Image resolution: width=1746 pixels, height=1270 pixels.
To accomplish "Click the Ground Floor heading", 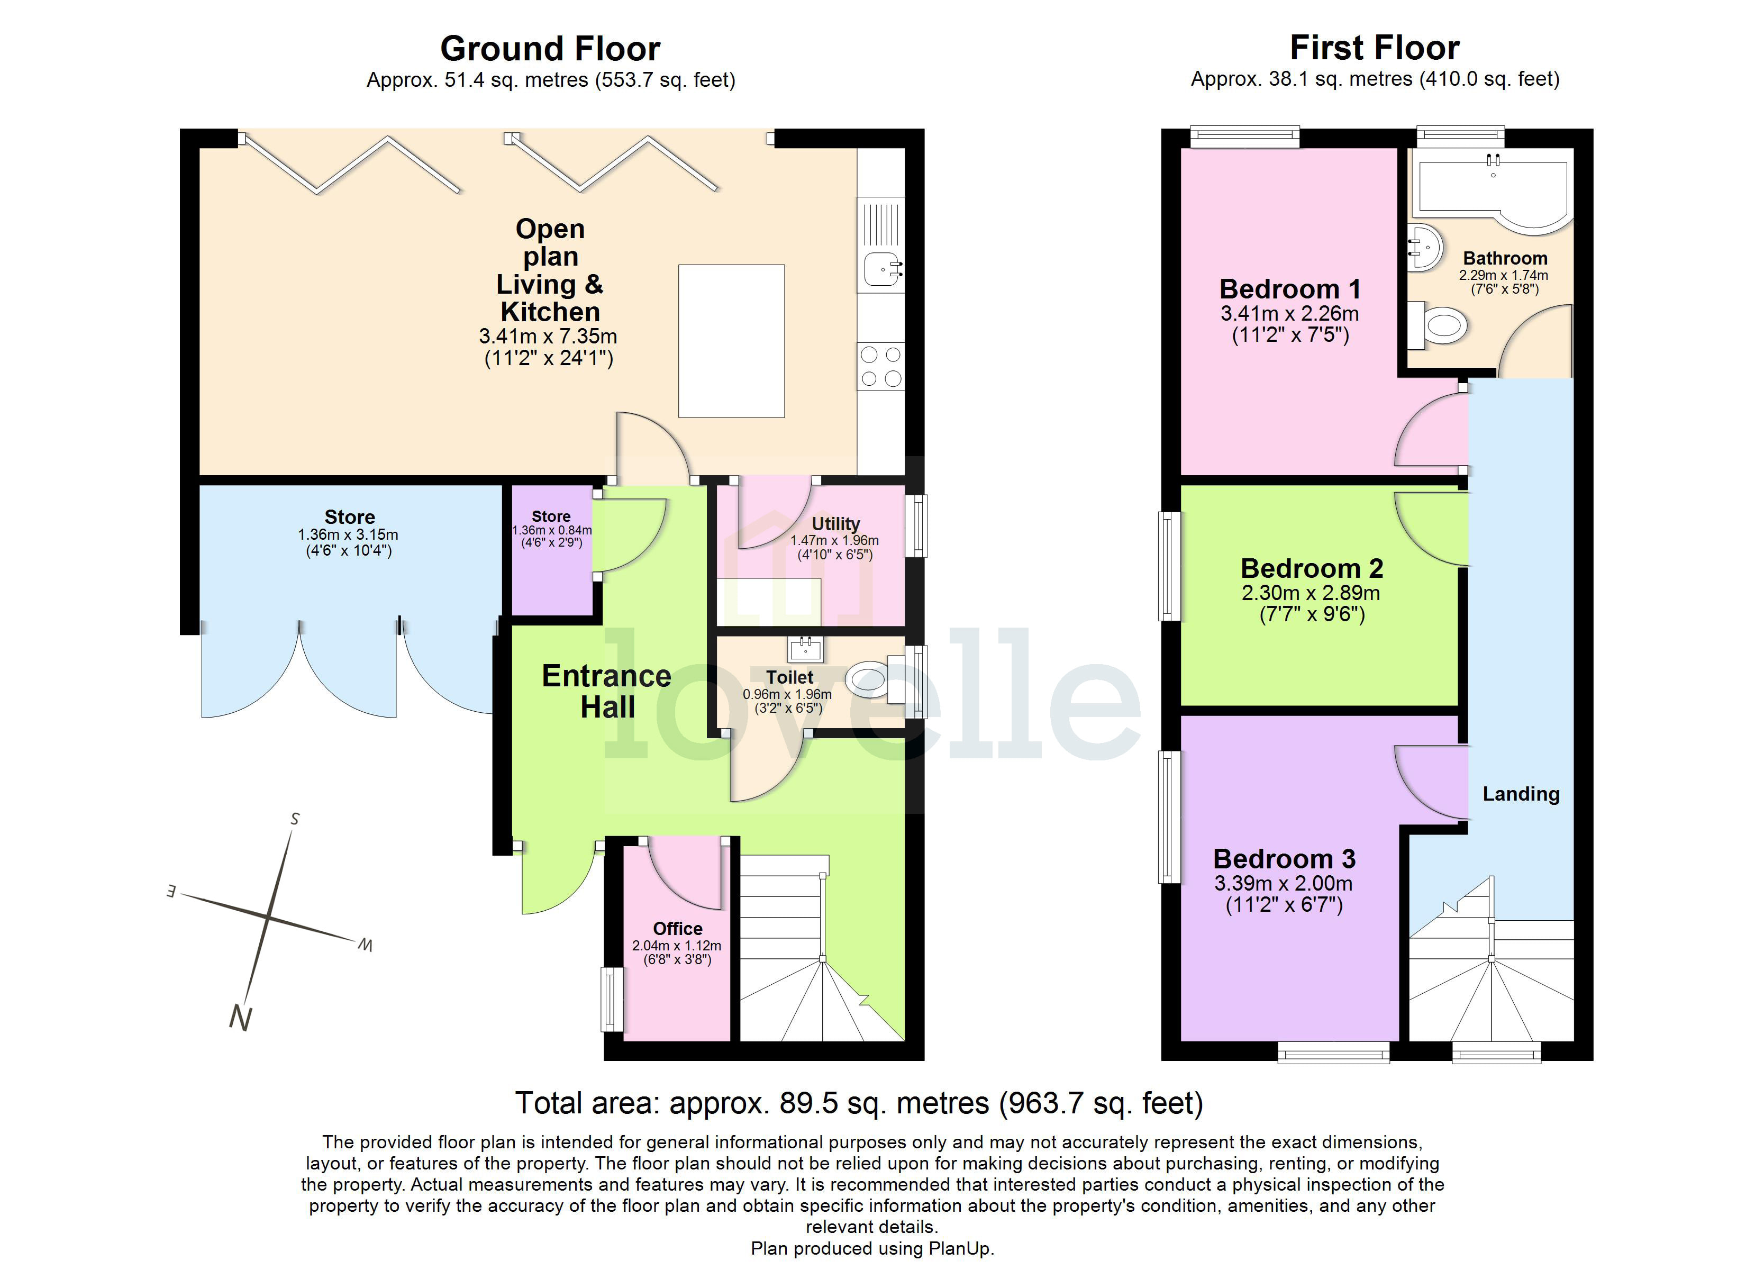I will pos(550,49).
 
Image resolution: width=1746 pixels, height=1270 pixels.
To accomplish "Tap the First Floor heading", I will pos(1374,48).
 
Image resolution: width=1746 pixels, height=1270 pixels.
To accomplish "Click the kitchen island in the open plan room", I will pos(731,341).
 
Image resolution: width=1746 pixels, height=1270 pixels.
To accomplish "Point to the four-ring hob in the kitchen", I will pos(881,367).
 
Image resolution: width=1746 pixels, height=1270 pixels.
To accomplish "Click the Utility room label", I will pos(835,524).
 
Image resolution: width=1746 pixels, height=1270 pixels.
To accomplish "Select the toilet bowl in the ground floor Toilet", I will pos(866,680).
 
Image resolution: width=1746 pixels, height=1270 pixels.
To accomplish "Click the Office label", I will pos(677,928).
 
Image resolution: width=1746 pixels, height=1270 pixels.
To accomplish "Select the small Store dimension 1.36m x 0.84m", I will pos(551,530).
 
